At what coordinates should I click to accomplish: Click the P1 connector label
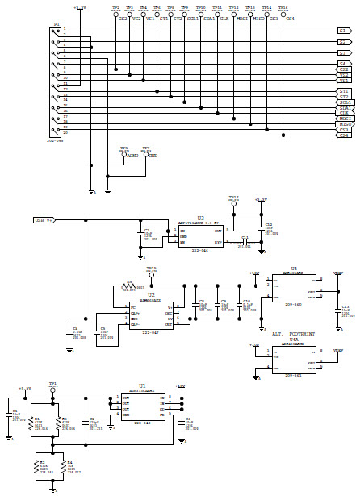(x=56, y=24)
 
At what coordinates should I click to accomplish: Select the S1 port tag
(x=343, y=31)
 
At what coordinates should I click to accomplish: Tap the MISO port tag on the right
(x=345, y=124)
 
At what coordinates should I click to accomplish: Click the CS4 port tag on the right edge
(x=345, y=135)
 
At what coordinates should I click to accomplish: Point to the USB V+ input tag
(x=44, y=219)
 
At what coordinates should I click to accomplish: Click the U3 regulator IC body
(x=200, y=235)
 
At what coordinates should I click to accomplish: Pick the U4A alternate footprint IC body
(x=294, y=359)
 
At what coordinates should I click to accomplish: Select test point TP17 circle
(x=233, y=204)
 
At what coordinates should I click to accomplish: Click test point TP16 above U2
(x=151, y=274)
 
